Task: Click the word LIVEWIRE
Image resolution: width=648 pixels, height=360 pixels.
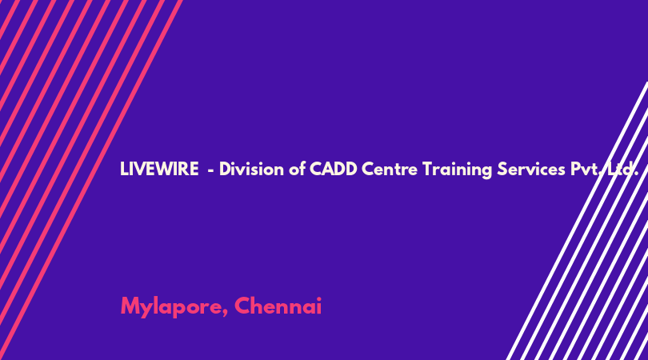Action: tap(159, 169)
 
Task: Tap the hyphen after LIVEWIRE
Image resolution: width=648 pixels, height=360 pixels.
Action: tap(210, 170)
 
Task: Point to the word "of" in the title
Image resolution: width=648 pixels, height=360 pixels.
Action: tap(297, 169)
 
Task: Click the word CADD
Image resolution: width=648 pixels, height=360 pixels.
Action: tap(333, 169)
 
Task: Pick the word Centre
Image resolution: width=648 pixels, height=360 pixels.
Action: tap(390, 170)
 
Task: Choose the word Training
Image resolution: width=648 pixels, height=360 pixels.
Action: tap(457, 170)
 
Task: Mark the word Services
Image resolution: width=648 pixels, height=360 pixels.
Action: tap(531, 169)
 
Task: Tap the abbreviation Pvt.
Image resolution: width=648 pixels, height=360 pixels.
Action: tap(585, 170)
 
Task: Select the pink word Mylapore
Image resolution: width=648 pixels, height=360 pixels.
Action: tap(174, 307)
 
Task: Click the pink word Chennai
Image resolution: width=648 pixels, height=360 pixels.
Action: tap(278, 306)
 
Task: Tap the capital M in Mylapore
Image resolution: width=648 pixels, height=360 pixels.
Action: tap(130, 306)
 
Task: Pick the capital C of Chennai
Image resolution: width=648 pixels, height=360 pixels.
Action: tap(243, 306)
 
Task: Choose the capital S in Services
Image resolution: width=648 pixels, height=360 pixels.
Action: tap(502, 169)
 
